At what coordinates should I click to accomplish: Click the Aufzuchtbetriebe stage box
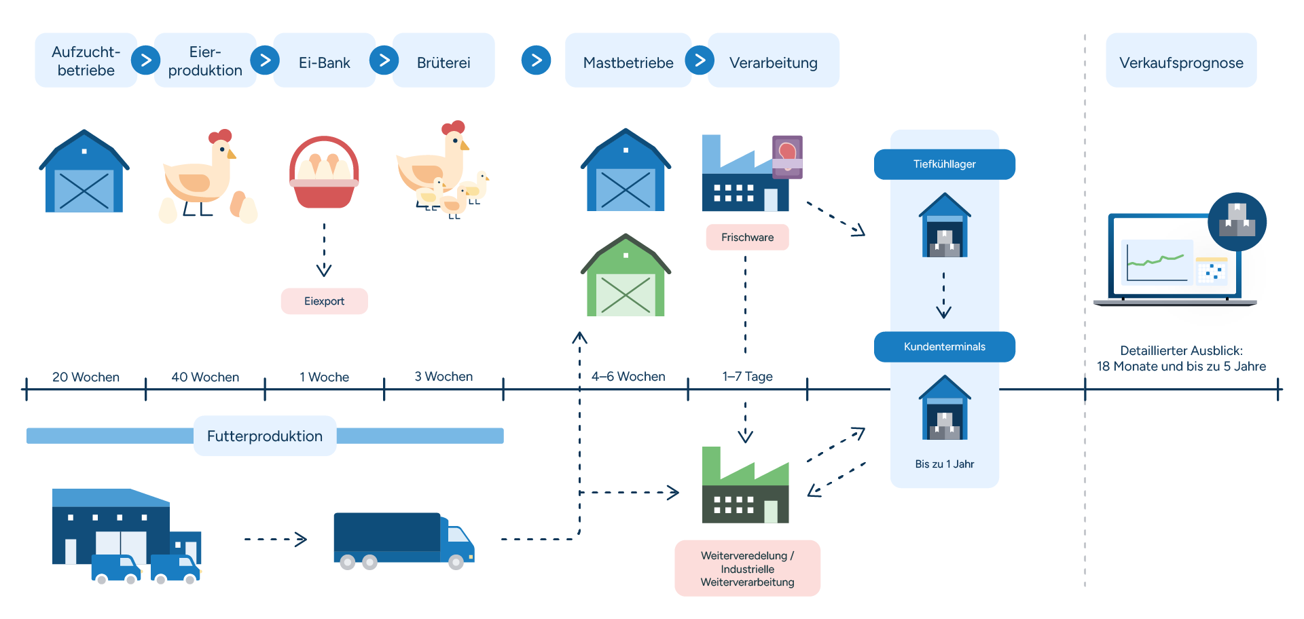point(86,60)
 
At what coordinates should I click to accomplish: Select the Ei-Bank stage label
point(324,62)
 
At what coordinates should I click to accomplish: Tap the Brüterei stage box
point(443,62)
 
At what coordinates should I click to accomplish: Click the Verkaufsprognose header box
point(1181,62)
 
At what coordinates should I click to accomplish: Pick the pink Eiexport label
point(324,301)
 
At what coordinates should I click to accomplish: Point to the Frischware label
point(747,238)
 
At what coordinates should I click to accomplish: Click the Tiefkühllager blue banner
point(944,164)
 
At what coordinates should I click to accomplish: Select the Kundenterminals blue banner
point(944,347)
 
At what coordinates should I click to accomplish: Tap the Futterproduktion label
point(265,436)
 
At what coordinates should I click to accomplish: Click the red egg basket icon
point(324,172)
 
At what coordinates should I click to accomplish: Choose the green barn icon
point(626,276)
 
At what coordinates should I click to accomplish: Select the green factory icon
point(745,486)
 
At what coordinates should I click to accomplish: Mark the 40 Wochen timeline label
point(205,377)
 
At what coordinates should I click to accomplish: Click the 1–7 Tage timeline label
point(747,377)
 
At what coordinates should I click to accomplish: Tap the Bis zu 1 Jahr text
point(944,464)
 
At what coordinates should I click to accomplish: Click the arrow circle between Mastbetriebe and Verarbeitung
point(700,60)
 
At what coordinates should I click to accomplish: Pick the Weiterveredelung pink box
point(747,569)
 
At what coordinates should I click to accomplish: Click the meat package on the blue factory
point(787,157)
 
